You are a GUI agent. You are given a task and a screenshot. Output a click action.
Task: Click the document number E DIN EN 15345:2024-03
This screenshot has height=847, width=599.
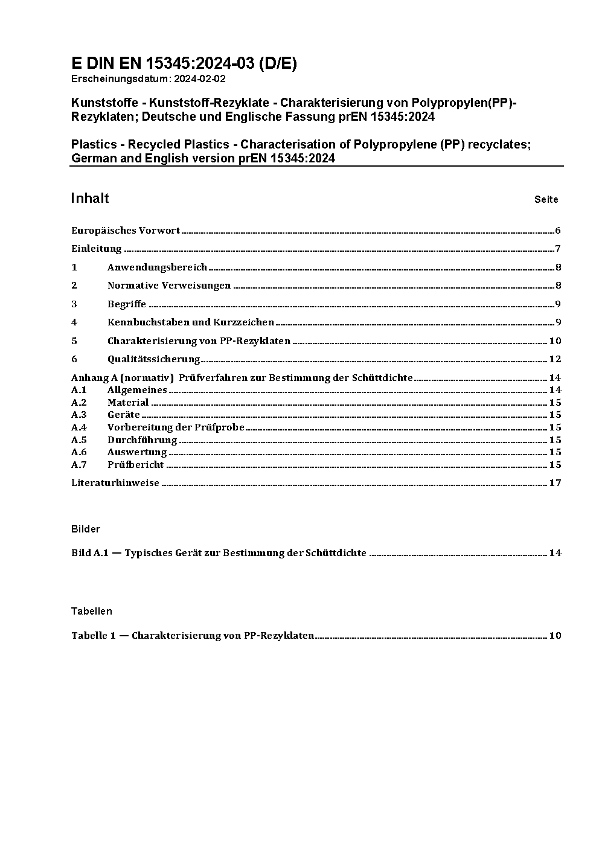(x=184, y=63)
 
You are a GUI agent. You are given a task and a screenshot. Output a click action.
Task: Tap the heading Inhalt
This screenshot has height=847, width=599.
(x=90, y=199)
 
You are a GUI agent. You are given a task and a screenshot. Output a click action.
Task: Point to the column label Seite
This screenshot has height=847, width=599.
(x=546, y=200)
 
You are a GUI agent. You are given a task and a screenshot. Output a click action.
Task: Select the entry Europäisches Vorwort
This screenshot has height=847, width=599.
(x=126, y=231)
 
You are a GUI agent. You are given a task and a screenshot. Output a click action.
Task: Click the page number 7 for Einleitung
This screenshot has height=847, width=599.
(x=558, y=249)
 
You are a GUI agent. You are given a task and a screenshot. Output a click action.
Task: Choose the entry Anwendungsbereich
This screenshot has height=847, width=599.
(x=157, y=267)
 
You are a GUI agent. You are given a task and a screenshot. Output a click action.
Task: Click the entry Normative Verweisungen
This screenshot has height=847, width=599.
(x=169, y=286)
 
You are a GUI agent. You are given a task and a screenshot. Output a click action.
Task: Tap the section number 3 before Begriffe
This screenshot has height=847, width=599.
(x=74, y=304)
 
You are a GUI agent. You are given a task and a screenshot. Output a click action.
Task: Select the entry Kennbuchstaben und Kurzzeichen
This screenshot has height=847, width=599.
(x=191, y=322)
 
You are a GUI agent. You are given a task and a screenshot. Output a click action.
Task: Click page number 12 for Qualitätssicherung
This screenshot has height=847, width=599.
(x=555, y=359)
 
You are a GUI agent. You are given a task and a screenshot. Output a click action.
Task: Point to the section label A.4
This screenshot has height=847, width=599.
(x=79, y=427)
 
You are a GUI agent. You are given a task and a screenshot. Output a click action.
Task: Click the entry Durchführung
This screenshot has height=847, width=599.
(x=143, y=440)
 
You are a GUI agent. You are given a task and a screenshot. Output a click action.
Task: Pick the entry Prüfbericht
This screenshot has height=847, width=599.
(x=136, y=465)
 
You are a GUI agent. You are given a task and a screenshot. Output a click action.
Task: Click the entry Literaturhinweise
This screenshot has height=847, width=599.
(x=115, y=483)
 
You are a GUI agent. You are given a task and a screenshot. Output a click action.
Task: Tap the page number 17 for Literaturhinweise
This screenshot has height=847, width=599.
(x=555, y=483)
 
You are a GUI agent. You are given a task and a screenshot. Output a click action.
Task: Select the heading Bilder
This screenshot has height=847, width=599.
(x=86, y=529)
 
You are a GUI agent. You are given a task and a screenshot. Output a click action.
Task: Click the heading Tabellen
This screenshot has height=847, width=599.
(x=92, y=612)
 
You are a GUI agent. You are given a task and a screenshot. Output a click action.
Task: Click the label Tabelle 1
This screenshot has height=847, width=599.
(x=93, y=636)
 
